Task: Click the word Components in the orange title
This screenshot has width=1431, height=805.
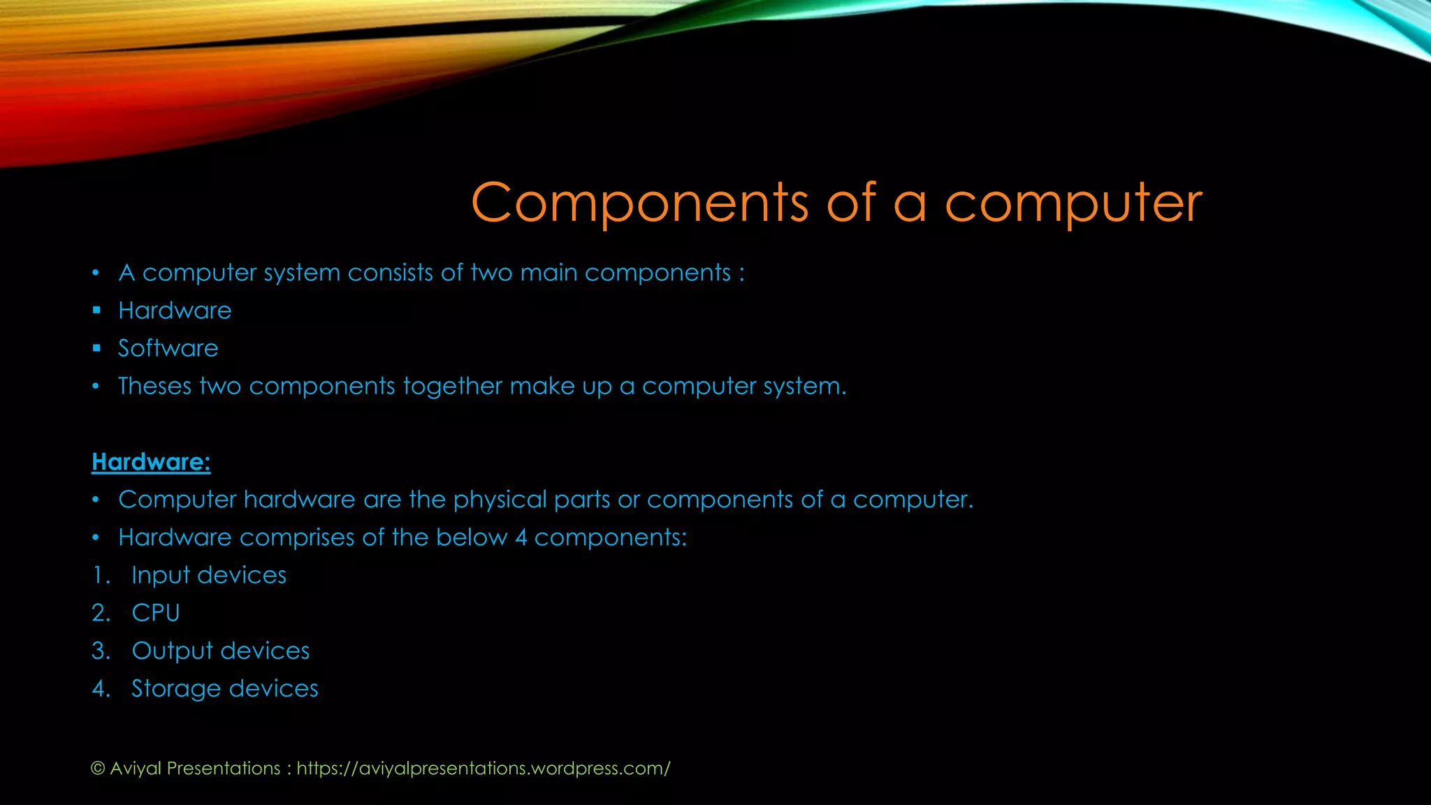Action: click(639, 203)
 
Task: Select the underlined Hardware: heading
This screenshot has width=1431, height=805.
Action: click(151, 462)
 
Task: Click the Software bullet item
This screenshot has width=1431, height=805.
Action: click(168, 348)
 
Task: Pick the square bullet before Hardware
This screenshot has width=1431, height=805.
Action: click(96, 310)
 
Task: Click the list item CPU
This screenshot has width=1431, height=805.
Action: click(156, 613)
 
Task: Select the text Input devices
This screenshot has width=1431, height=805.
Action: click(209, 575)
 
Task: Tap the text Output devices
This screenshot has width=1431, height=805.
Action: click(220, 651)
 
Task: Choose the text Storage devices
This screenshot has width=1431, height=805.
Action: click(224, 688)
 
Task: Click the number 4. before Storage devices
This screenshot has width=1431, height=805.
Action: click(101, 688)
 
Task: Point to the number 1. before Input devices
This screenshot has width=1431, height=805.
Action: click(101, 575)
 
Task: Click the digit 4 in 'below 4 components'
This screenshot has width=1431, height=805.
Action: click(521, 537)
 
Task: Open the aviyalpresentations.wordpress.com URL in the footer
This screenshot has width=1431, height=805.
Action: click(484, 768)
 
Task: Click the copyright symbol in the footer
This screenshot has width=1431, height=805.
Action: click(98, 769)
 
